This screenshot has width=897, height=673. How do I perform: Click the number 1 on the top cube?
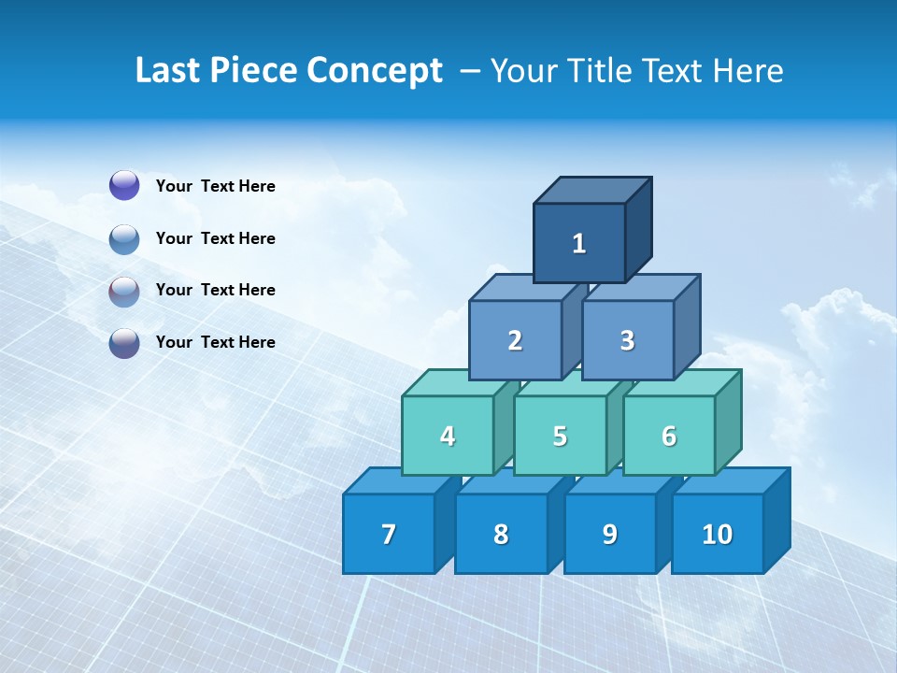579,243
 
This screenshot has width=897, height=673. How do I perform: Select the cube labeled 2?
515,340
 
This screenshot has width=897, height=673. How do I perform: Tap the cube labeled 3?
627,340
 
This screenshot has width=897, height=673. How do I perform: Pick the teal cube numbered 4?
448,436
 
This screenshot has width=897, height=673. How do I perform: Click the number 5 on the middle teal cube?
560,436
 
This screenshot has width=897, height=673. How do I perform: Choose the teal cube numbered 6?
669,436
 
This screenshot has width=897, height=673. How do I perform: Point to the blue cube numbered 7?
389,534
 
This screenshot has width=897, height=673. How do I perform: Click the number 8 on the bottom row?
501,534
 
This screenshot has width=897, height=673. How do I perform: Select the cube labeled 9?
610,534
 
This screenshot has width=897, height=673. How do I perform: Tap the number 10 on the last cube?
718,534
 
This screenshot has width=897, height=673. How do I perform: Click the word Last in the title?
167,71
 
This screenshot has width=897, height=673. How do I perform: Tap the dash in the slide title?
471,71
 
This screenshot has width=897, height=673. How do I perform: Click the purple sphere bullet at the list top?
124,185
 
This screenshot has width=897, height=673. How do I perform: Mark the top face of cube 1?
592,190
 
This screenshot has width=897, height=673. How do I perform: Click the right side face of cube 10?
776,520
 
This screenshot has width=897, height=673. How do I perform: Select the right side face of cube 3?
687,327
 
